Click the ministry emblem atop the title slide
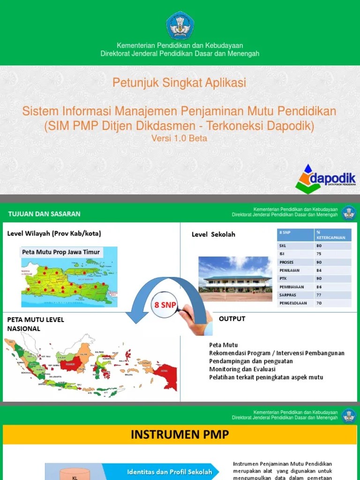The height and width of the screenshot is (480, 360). click(x=180, y=26)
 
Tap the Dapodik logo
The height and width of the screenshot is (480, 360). click(x=326, y=179)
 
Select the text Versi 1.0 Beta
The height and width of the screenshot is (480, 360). click(x=179, y=138)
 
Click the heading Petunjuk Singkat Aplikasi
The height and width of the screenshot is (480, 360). click(x=179, y=83)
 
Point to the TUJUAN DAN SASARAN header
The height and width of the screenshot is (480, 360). click(x=44, y=214)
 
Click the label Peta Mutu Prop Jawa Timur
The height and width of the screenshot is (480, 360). click(x=61, y=252)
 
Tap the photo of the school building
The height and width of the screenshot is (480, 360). click(x=235, y=278)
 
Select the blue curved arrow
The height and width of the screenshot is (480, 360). click(x=141, y=300)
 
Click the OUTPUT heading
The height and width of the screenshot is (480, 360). click(x=232, y=319)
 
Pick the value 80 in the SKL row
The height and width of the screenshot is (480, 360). click(x=319, y=245)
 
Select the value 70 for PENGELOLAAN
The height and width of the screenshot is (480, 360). click(x=319, y=303)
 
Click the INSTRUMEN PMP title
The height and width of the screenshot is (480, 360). click(x=180, y=435)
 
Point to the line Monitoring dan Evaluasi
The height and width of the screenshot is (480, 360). click(x=242, y=369)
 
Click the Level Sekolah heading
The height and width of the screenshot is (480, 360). click(x=213, y=234)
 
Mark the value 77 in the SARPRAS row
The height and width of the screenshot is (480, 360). click(x=319, y=295)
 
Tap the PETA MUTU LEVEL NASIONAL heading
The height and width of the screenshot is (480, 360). click(x=36, y=324)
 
